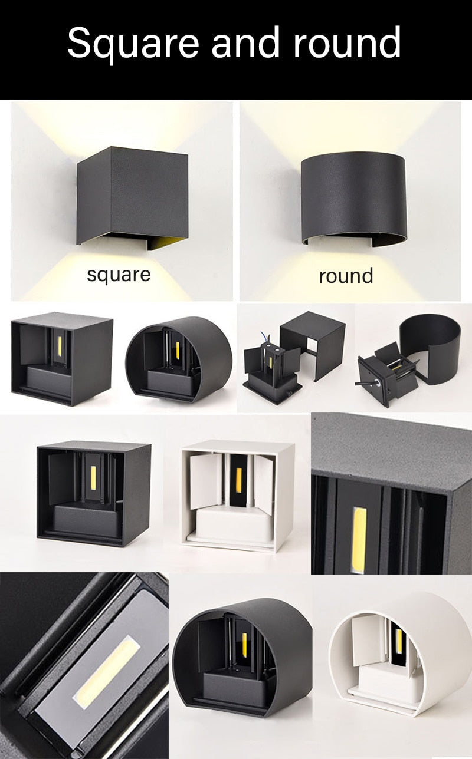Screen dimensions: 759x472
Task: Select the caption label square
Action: (x=119, y=274)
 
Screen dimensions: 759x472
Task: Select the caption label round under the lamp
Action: (x=346, y=276)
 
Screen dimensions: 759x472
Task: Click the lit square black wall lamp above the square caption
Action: (x=133, y=194)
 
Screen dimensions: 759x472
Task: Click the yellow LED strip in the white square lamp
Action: (x=240, y=477)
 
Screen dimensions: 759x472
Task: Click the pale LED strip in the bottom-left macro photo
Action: (x=106, y=669)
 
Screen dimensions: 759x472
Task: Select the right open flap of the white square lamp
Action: (x=264, y=483)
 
